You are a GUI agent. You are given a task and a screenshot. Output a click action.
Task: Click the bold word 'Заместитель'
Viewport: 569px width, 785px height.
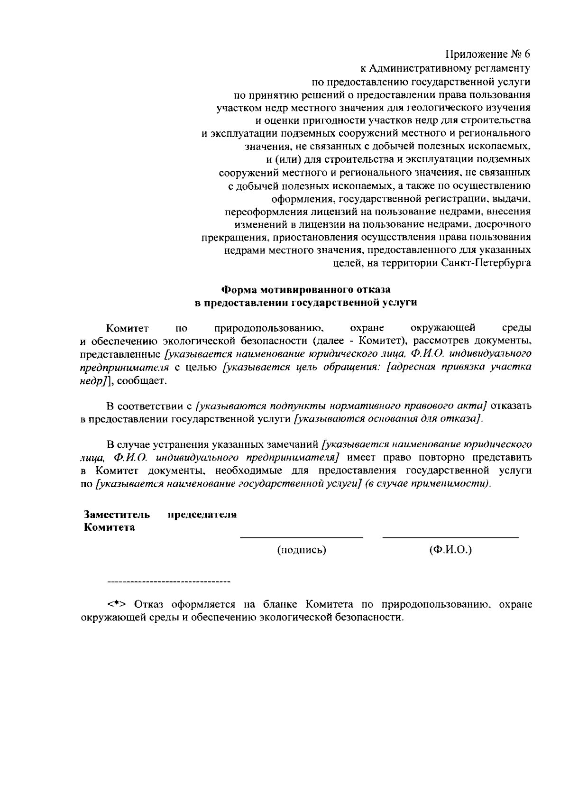click(117, 515)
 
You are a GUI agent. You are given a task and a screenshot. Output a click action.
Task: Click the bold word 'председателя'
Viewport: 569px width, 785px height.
click(202, 515)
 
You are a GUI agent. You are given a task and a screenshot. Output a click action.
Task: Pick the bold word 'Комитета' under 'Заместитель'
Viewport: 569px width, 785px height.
click(109, 527)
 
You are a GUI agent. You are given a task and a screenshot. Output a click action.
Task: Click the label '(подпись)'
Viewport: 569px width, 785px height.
click(302, 550)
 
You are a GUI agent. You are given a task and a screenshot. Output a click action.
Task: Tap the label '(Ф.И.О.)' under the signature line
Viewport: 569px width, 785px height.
click(450, 550)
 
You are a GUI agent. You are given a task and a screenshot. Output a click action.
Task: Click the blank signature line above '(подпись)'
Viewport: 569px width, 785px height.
click(302, 537)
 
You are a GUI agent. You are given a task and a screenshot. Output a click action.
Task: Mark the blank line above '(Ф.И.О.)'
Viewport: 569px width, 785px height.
click(450, 537)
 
